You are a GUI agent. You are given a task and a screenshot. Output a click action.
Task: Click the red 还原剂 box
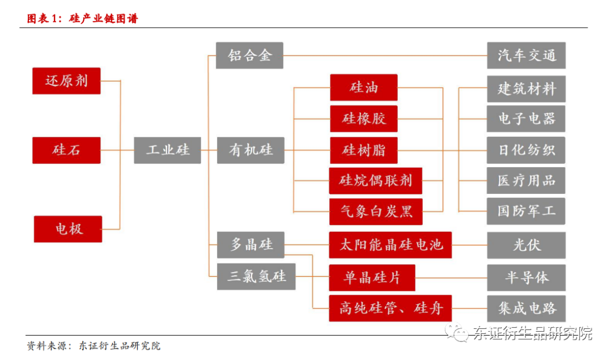66,81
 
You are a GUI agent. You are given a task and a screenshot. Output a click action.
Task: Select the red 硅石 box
66,150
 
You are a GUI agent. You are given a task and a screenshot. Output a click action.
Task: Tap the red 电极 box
68,229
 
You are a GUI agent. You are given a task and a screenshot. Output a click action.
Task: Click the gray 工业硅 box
167,150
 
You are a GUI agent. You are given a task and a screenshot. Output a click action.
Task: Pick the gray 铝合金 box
250,56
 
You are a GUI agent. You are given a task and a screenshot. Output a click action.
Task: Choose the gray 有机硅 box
250,150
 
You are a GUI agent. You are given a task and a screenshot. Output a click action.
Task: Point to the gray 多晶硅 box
250,245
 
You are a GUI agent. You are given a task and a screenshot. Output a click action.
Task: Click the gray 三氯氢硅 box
256,277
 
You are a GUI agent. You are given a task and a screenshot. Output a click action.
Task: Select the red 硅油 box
363,87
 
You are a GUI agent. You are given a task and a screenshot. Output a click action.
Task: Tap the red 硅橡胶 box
363,119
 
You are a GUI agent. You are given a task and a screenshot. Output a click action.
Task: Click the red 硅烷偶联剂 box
376,181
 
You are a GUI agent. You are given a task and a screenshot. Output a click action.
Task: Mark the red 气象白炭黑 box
376,211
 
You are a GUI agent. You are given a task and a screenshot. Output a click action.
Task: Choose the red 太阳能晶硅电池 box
390,245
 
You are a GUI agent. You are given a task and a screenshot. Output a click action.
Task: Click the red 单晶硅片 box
372,277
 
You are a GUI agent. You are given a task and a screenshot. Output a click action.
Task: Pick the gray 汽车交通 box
526,56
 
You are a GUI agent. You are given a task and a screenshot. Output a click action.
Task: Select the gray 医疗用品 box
526,181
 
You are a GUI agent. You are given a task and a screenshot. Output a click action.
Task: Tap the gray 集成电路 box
526,308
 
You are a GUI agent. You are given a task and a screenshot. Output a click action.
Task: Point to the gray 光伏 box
526,245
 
